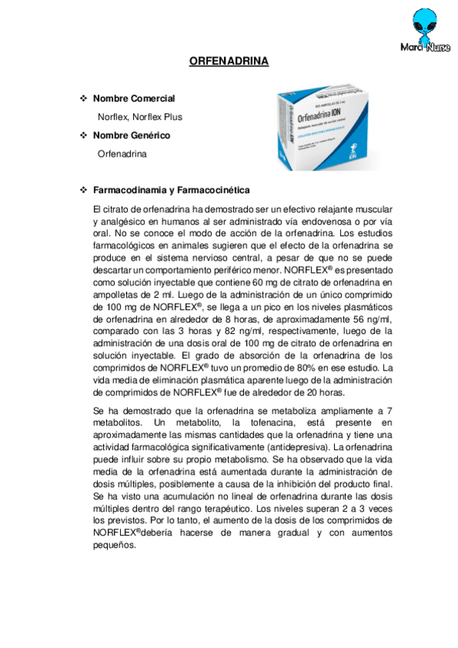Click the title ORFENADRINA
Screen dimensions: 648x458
pos(229,62)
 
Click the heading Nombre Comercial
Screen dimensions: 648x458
pos(134,99)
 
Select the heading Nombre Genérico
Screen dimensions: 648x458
pos(131,135)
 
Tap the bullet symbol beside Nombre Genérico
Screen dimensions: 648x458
pos(83,135)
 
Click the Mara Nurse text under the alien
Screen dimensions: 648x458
pos(425,47)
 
